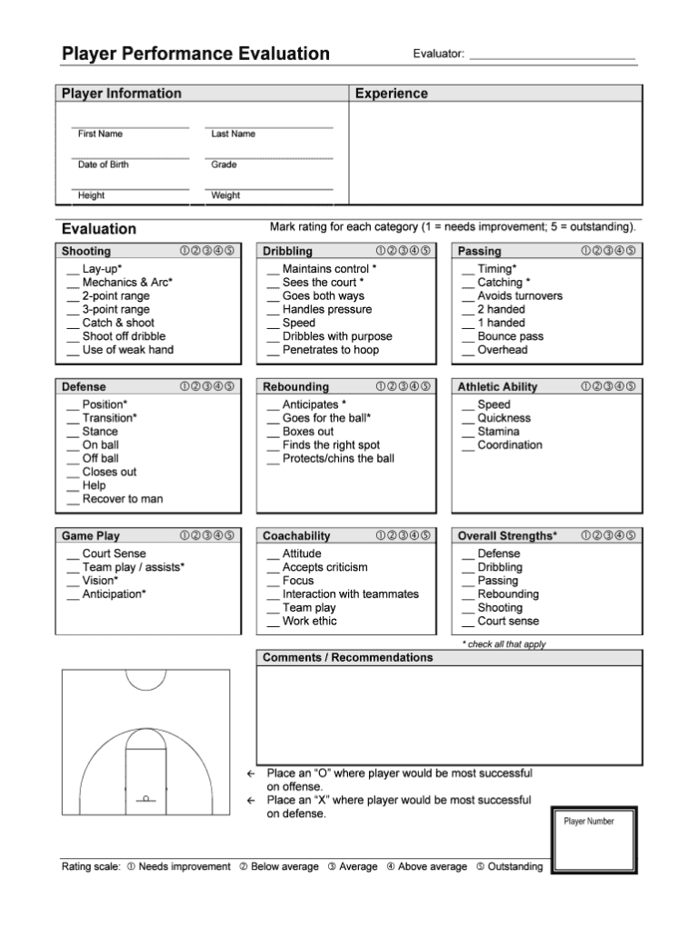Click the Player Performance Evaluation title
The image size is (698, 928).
click(x=195, y=54)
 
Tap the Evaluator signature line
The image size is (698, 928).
click(x=552, y=56)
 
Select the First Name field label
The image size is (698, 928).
click(x=100, y=134)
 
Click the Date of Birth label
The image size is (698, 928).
click(x=104, y=165)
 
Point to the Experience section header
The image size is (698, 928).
click(x=392, y=94)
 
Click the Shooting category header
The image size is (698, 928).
click(x=86, y=251)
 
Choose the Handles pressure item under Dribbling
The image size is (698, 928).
click(x=327, y=309)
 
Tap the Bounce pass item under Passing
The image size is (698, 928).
click(x=510, y=336)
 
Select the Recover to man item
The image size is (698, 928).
click(x=123, y=499)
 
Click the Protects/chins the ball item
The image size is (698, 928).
click(x=338, y=458)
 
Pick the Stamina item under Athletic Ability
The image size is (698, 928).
click(x=498, y=432)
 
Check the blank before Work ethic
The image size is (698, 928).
click(x=274, y=623)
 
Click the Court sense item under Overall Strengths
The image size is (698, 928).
click(x=507, y=622)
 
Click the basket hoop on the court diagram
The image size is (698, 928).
click(x=145, y=798)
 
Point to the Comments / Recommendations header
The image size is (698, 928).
click(x=347, y=657)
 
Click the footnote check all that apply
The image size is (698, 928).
click(x=504, y=644)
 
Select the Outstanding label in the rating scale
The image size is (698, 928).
click(x=514, y=867)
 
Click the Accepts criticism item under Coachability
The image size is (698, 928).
click(x=324, y=567)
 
